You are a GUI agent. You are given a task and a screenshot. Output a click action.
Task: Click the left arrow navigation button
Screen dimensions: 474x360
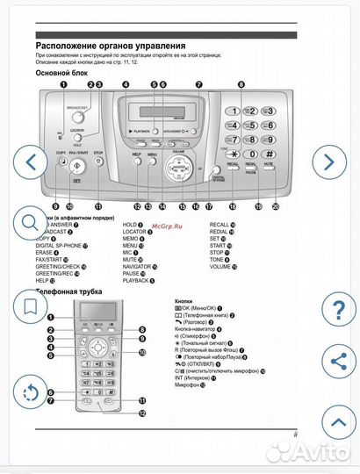(32, 162)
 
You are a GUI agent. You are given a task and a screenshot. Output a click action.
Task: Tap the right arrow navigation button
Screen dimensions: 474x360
(328, 162)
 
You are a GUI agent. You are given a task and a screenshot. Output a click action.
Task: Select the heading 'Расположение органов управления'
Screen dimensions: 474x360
(110, 45)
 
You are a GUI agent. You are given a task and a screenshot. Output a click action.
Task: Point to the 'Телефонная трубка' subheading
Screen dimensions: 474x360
(70, 291)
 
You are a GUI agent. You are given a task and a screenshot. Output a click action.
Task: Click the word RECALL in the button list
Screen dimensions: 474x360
(220, 225)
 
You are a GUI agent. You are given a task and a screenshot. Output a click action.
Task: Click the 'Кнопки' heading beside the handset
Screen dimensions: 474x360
(184, 299)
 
